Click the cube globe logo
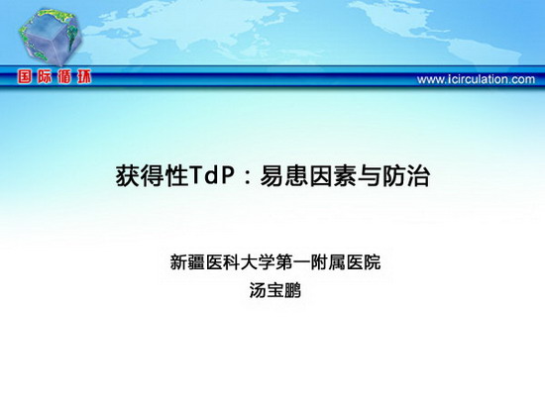(x=51, y=38)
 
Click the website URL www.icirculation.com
(x=476, y=79)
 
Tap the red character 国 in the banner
(x=25, y=77)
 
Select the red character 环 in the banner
(x=84, y=77)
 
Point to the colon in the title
(x=247, y=177)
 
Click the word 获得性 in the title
(x=152, y=176)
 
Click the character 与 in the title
(x=370, y=176)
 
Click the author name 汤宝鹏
(x=274, y=290)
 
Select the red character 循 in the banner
(x=64, y=77)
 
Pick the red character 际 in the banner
(x=45, y=77)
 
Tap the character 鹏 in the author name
(x=292, y=290)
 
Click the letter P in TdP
(x=226, y=176)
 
